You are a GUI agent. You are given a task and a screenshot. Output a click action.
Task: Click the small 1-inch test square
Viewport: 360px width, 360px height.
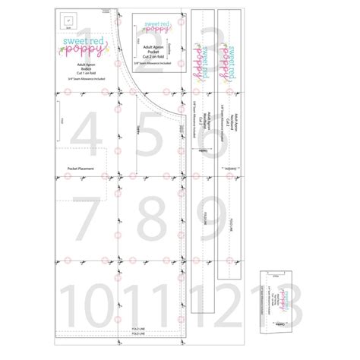[68, 21]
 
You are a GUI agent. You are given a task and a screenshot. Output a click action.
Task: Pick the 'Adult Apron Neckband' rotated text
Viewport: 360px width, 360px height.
[227, 118]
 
